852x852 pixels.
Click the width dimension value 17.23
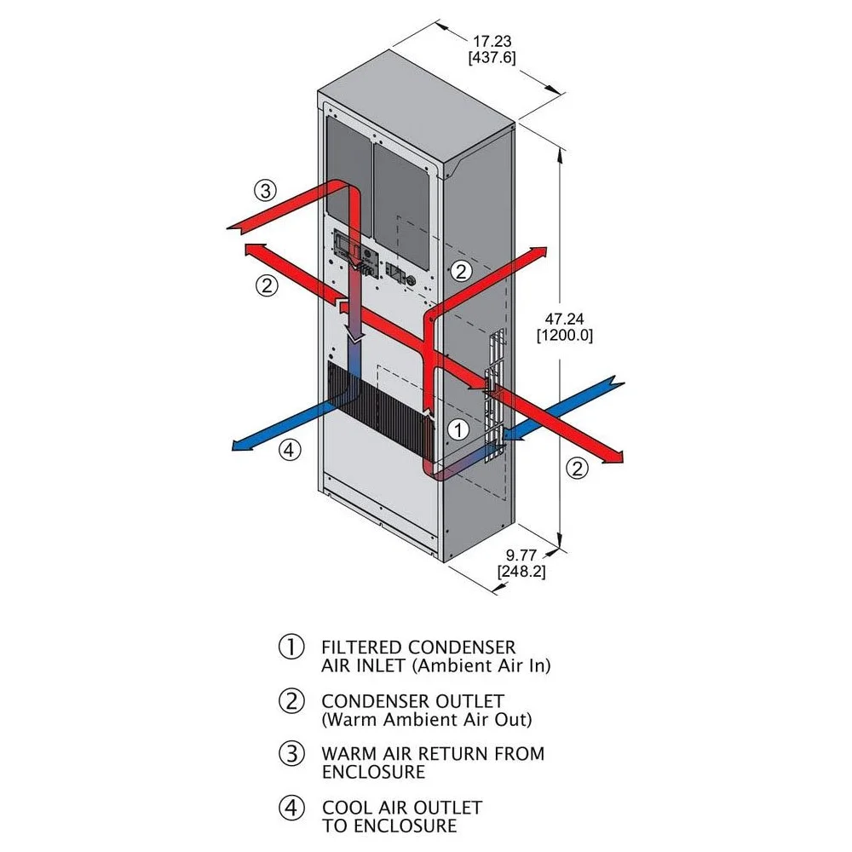pos(492,39)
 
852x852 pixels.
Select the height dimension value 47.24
pos(563,319)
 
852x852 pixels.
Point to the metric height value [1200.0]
pos(564,336)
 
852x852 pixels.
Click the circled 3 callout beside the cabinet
pos(268,190)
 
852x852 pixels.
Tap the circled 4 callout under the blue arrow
pos(291,451)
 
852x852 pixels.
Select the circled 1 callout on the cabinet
pos(458,429)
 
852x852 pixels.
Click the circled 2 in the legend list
pos(291,700)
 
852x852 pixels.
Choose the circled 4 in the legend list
pos(291,807)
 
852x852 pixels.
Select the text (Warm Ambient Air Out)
pos(426,719)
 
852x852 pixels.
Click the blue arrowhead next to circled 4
pos(242,444)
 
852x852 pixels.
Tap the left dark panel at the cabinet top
pos(349,175)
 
